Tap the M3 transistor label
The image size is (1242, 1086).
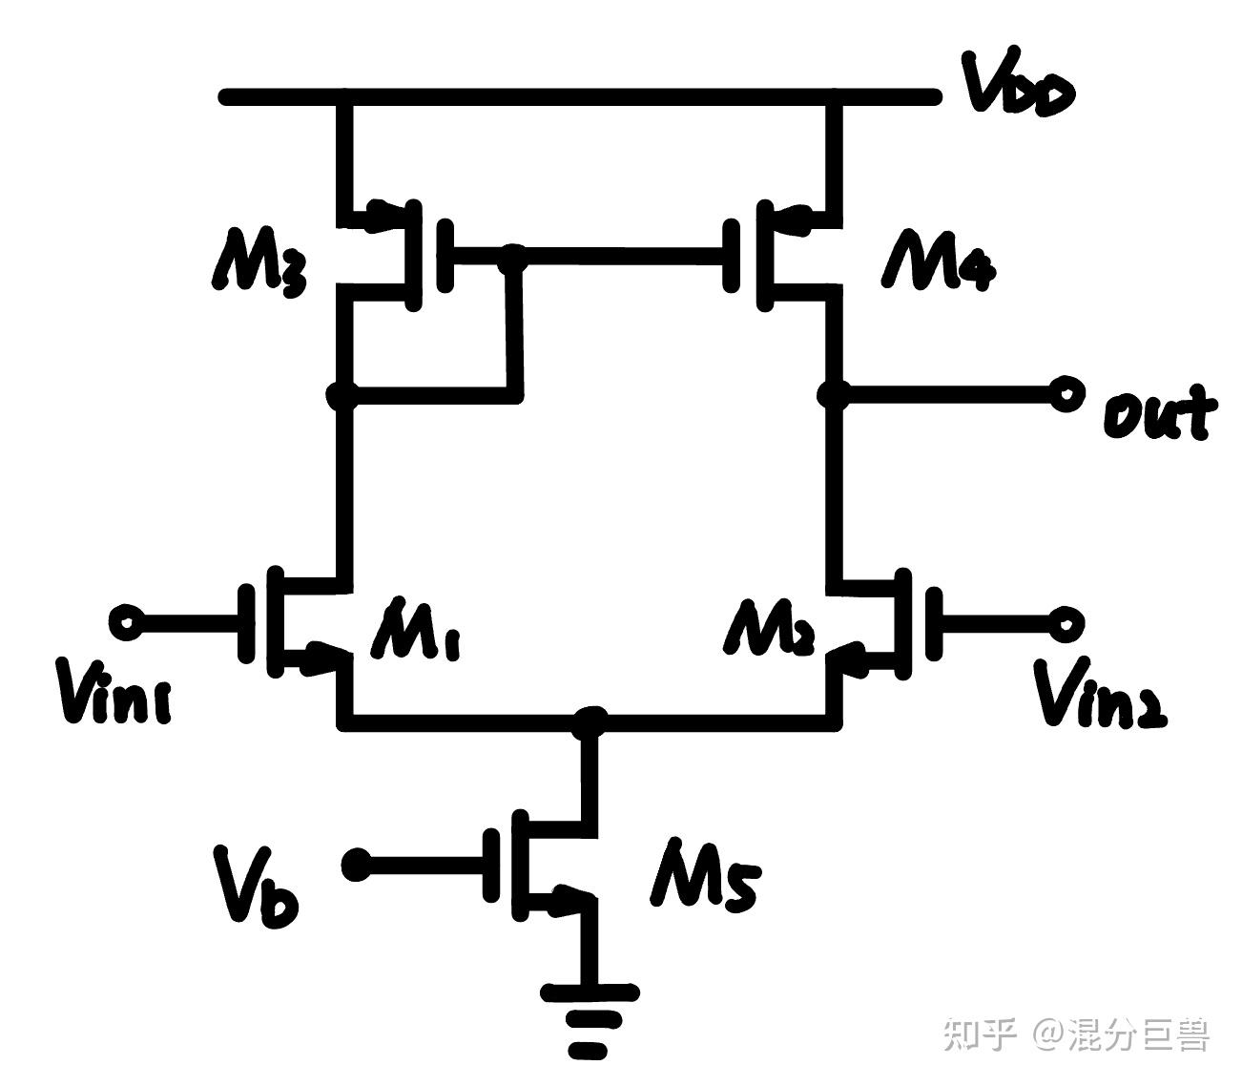pyautogui.click(x=259, y=259)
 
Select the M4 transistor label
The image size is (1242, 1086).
pyautogui.click(x=940, y=259)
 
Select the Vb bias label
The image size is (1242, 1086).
pyautogui.click(x=256, y=887)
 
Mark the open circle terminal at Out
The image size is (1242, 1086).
pyautogui.click(x=1066, y=392)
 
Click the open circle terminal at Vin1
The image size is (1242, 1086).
pyautogui.click(x=126, y=622)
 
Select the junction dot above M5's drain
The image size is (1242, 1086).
pyautogui.click(x=590, y=721)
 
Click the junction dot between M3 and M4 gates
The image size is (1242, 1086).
pyautogui.click(x=514, y=254)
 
